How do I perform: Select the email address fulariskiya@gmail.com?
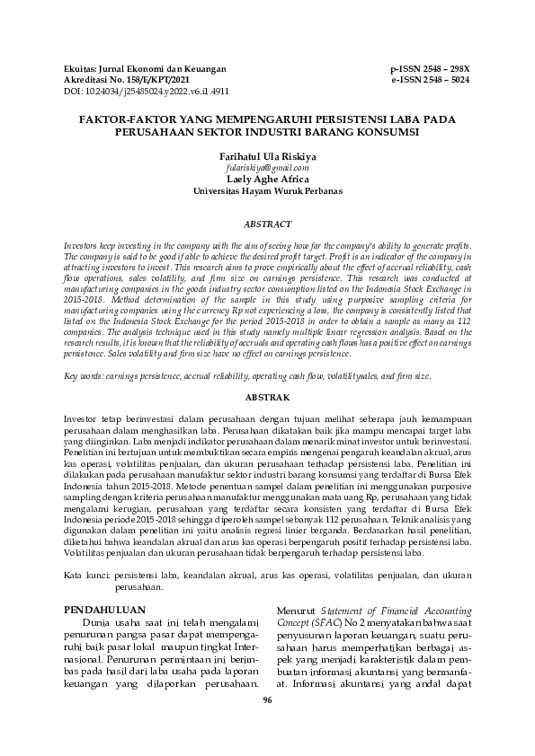(267, 167)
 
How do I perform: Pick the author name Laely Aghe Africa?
(267, 179)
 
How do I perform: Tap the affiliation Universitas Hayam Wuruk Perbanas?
(267, 191)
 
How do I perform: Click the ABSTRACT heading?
(267, 223)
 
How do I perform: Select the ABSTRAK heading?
(267, 396)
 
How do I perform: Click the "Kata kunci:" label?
(88, 572)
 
